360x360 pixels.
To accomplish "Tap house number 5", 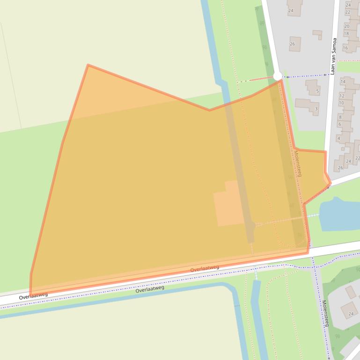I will (x=317, y=91).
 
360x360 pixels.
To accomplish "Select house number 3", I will (x=316, y=109).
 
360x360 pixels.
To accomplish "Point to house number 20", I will (x=347, y=26).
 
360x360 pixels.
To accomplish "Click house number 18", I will (x=346, y=34).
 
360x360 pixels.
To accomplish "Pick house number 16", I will (x=345, y=48).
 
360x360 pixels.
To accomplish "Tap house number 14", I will (x=343, y=81).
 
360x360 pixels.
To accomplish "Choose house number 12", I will (x=342, y=95).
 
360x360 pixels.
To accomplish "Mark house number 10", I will (x=341, y=103).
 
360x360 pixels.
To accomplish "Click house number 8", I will (x=340, y=117).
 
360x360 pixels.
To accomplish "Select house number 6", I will (x=339, y=124).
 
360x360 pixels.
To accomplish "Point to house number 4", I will (x=338, y=138).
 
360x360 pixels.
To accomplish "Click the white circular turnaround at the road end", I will (x=278, y=76).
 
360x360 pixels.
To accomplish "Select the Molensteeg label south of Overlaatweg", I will (x=325, y=313).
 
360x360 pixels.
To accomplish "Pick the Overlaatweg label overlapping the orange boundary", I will (x=205, y=269).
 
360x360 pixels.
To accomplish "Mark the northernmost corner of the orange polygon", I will (x=88, y=65).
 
